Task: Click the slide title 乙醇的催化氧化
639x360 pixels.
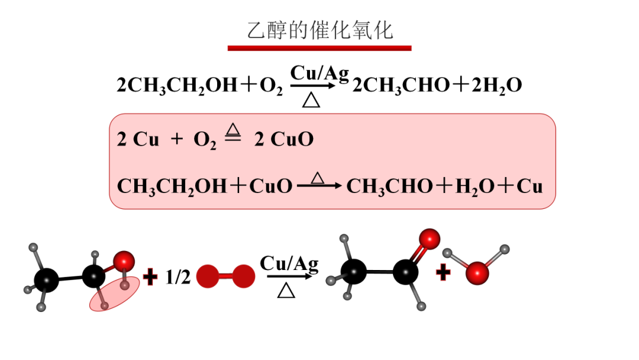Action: pos(319,30)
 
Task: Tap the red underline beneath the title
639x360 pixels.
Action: pos(319,48)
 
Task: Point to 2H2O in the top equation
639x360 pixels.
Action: pos(497,86)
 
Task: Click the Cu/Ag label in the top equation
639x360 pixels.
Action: pos(319,73)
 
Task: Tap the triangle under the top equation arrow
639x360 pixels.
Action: pos(311,99)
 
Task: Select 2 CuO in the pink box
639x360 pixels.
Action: pos(284,140)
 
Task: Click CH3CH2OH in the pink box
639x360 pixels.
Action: pos(172,187)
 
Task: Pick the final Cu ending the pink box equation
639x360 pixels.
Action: pos(530,187)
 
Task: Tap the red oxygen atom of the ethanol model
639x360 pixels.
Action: pos(124,261)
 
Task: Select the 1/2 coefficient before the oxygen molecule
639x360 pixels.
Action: pos(177,277)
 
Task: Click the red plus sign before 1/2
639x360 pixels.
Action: pos(151,276)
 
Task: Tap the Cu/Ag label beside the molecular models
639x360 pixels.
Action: pos(289,263)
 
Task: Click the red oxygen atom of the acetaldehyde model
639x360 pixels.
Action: pos(430,239)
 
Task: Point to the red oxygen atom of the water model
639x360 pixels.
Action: pos(477,272)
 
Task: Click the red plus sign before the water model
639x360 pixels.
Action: pos(443,272)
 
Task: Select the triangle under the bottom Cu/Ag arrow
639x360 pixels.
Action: pos(287,290)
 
